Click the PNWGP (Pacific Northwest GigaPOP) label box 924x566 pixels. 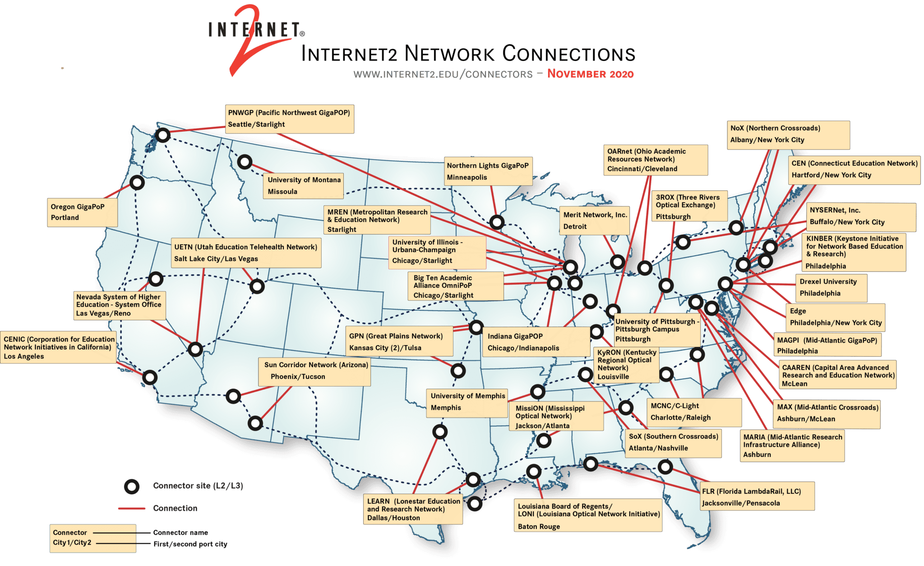point(289,119)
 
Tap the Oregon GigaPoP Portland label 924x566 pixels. point(82,212)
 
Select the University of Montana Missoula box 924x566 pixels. point(304,185)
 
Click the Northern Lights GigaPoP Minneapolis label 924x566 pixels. point(487,171)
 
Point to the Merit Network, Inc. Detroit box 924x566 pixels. point(595,221)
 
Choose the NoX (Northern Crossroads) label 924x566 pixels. point(788,134)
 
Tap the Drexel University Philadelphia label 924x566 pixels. point(831,287)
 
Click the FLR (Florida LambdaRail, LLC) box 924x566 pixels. point(757,497)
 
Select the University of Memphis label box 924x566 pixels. point(467,402)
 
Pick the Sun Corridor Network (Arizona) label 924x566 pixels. point(315,371)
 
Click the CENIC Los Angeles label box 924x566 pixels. point(59,347)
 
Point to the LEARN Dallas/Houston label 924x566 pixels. point(413,509)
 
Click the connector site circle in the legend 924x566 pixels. point(132,486)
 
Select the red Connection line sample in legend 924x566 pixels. point(132,509)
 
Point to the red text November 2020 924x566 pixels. point(590,74)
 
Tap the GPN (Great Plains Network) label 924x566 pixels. point(400,341)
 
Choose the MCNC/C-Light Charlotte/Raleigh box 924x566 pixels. point(694,412)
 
